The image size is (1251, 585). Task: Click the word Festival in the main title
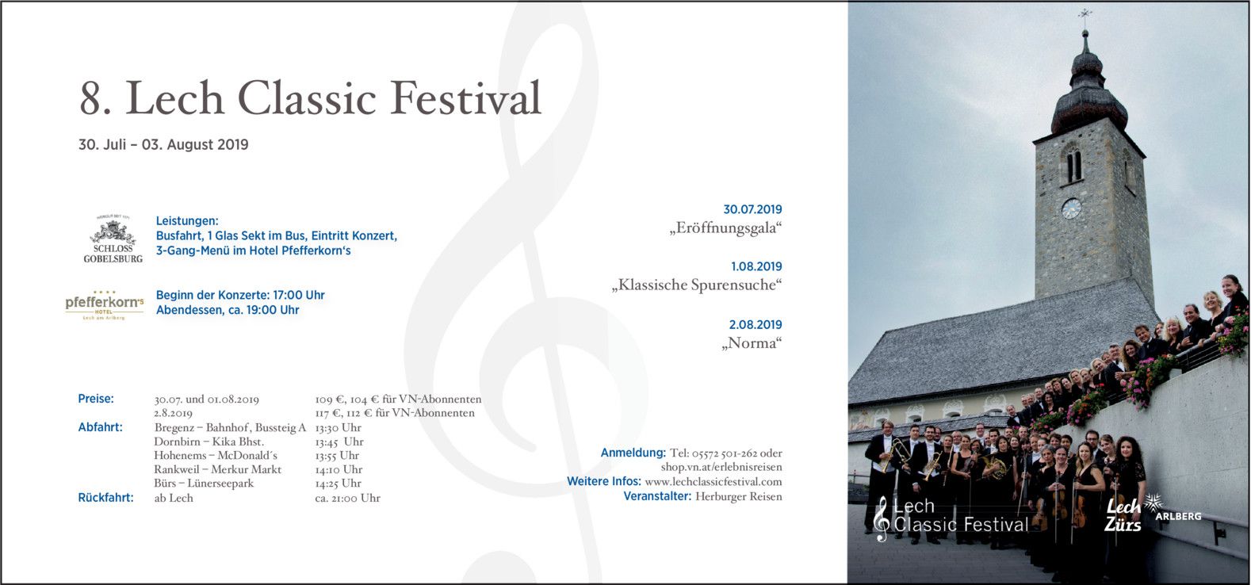click(x=465, y=98)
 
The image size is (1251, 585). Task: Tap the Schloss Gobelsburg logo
click(x=113, y=239)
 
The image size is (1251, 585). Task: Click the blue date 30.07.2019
click(x=752, y=209)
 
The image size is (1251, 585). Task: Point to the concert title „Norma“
click(x=752, y=342)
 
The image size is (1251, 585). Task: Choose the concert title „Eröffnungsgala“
click(x=725, y=228)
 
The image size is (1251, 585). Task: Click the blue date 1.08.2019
click(x=756, y=267)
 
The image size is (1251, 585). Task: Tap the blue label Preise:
click(x=95, y=399)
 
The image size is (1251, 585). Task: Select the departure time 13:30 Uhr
click(x=338, y=427)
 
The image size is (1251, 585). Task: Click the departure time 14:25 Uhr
click(x=338, y=484)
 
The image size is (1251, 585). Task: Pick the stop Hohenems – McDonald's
click(x=216, y=456)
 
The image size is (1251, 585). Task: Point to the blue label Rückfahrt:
click(x=105, y=497)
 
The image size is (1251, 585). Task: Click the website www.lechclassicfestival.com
click(x=713, y=482)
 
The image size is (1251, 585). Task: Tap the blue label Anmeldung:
click(x=633, y=453)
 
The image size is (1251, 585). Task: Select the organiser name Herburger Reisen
click(x=738, y=496)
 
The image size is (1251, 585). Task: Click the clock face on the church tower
click(x=1070, y=208)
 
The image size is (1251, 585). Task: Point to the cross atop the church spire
click(x=1085, y=14)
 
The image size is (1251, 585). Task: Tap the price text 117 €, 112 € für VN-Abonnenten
click(x=394, y=413)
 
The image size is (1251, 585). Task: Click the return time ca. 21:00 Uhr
click(x=347, y=498)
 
